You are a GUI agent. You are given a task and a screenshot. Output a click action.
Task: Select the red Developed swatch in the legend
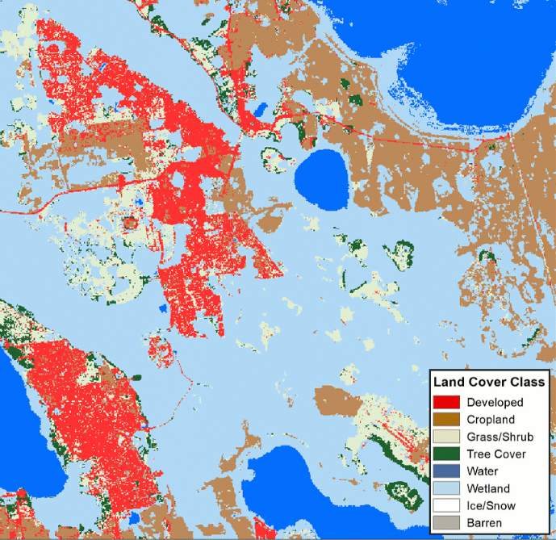click(x=446, y=402)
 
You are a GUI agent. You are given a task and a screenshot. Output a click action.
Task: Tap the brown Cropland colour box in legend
click(x=446, y=419)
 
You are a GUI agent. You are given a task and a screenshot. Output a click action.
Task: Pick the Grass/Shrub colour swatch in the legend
click(x=446, y=437)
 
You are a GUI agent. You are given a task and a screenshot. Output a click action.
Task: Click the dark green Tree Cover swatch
click(x=446, y=454)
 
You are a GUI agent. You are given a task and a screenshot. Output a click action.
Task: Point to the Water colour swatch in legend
click(x=446, y=471)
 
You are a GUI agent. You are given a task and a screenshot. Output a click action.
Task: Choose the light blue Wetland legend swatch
click(x=446, y=488)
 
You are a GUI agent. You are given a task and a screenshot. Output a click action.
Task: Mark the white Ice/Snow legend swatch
click(x=446, y=506)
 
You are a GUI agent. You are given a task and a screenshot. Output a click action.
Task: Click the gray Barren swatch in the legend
click(x=446, y=523)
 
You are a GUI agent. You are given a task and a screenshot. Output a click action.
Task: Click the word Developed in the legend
click(x=495, y=402)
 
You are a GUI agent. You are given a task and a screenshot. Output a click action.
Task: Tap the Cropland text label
click(x=491, y=420)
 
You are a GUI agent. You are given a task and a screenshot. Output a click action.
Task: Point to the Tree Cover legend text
click(x=494, y=454)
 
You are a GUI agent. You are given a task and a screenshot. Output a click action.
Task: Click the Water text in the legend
click(x=483, y=471)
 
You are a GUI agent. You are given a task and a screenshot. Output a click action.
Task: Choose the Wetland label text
click(x=488, y=488)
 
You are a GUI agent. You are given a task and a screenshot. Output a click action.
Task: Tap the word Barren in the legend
click(x=484, y=523)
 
